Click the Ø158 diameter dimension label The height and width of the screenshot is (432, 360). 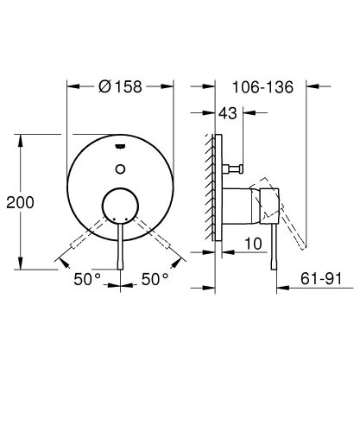(121, 86)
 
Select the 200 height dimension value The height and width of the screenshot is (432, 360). (20, 202)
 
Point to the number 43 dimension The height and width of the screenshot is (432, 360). (228, 112)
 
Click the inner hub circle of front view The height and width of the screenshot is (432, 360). (121, 208)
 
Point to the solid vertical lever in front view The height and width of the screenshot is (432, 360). (121, 251)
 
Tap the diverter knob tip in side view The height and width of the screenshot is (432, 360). (244, 164)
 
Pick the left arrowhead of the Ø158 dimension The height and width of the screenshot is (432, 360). (71, 86)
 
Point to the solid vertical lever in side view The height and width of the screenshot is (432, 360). (275, 251)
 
